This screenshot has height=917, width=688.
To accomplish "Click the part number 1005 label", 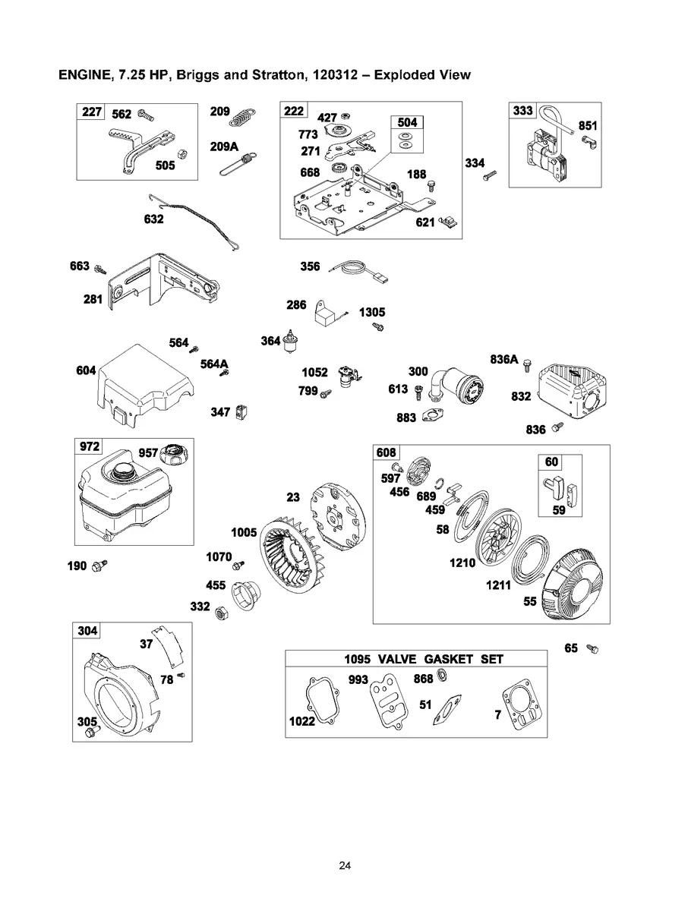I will pos(244,532).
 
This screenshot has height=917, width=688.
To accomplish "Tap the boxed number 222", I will pos(294,112).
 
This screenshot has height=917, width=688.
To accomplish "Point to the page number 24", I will pos(344,865).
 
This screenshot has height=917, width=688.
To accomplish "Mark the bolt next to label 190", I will pos(99,566).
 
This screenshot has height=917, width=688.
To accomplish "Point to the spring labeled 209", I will pos(242,116).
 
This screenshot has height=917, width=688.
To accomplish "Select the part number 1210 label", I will pos(462,563).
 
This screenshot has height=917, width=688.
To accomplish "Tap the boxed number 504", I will pos(406,123).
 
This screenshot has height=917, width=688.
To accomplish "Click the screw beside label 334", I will pos(490,175).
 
